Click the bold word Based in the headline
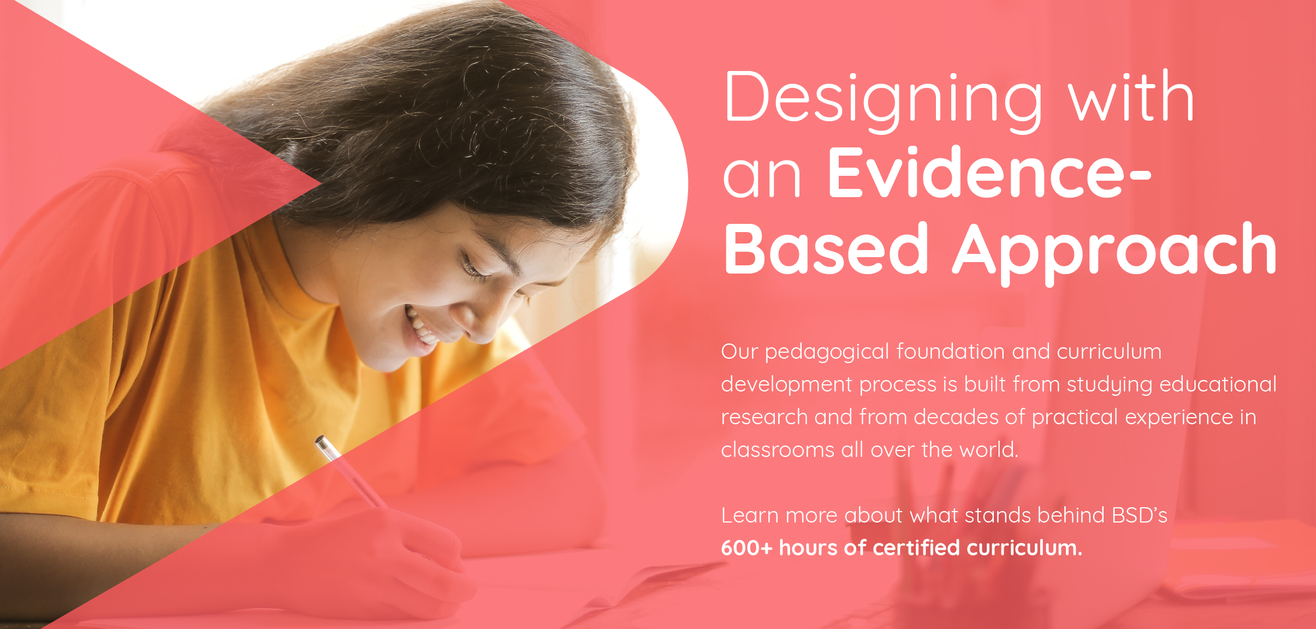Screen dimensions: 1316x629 [826, 248]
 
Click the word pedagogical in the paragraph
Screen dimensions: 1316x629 [827, 353]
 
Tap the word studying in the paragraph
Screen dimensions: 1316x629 [1110, 385]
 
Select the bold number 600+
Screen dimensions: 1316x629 [746, 548]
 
